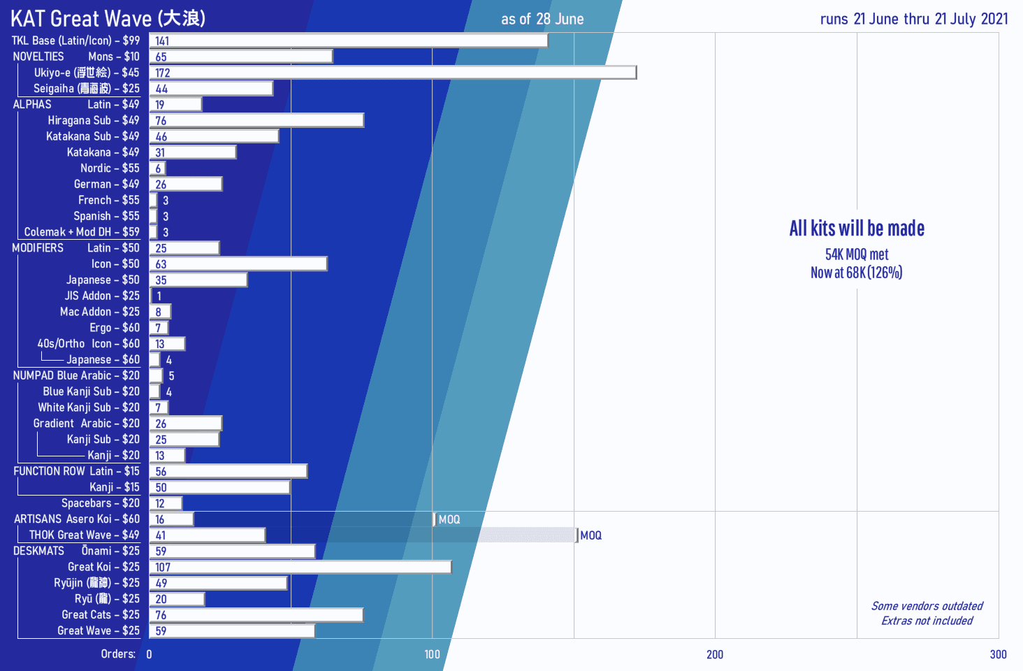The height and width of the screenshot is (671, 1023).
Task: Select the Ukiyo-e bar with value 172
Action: point(393,73)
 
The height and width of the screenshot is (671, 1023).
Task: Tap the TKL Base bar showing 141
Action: point(348,41)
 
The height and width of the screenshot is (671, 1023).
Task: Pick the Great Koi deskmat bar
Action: point(300,567)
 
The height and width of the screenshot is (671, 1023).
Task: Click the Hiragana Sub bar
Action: point(256,120)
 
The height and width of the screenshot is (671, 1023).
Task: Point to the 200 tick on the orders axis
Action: point(715,655)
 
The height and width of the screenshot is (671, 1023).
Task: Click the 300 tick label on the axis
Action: point(998,655)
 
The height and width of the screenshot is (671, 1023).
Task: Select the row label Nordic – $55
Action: point(110,168)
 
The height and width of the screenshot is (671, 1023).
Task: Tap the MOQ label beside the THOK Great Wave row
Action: point(590,535)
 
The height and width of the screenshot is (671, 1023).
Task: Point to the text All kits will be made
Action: point(857,229)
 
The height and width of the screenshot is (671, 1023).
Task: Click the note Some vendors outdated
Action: point(927,606)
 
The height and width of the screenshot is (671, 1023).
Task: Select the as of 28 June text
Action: point(542,20)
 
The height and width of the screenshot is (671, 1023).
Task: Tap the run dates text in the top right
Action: point(914,19)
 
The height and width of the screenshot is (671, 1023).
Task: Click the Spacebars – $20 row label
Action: point(100,503)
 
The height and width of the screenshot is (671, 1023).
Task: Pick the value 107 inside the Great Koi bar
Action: point(163,568)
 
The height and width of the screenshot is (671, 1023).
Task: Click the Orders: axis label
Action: point(118,654)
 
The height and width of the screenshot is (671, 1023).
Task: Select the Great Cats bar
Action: point(256,615)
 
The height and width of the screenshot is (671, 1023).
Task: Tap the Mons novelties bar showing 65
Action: point(241,57)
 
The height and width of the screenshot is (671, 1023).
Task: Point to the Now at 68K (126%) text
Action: point(857,273)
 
